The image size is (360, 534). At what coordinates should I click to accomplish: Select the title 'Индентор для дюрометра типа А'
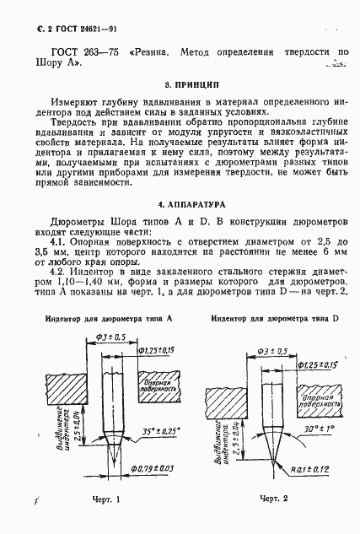(105, 320)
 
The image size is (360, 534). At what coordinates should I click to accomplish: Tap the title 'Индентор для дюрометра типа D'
(274, 320)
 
